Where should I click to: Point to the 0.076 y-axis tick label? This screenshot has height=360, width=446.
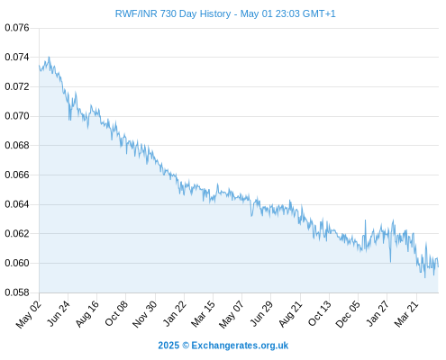[17, 28]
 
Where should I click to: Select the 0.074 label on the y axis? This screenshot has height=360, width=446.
[17, 57]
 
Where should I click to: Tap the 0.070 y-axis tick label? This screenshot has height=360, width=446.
[17, 116]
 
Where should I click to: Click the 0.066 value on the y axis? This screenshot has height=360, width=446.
[17, 175]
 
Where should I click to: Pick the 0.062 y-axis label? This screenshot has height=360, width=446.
[17, 233]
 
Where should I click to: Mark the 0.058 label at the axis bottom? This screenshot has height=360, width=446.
[17, 292]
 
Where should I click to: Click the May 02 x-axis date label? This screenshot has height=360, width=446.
[29, 314]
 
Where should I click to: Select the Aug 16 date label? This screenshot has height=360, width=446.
[87, 314]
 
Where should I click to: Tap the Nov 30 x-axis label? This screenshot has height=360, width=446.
[145, 314]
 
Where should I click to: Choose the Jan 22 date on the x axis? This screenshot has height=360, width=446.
[175, 313]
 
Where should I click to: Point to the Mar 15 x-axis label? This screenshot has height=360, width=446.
[204, 314]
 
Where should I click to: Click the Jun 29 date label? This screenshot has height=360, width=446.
[261, 313]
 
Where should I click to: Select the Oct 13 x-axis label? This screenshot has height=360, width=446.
[320, 313]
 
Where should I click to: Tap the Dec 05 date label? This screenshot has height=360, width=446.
[348, 314]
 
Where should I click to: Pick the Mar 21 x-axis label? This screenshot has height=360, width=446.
[406, 314]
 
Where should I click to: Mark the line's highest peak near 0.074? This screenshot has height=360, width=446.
[49, 57]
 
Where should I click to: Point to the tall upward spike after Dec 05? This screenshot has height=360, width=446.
[365, 220]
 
